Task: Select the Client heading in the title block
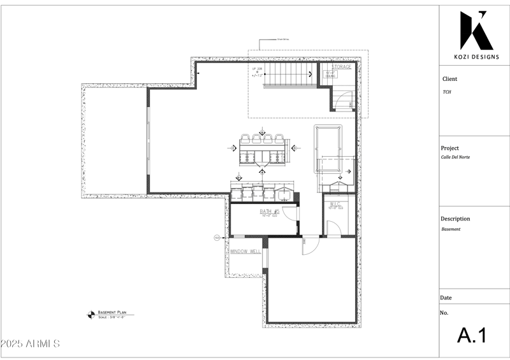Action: tap(449, 79)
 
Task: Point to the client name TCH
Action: tap(447, 92)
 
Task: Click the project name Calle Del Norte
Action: tap(455, 157)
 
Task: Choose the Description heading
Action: tap(455, 219)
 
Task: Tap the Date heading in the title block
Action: tap(446, 298)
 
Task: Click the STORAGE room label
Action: tap(341, 67)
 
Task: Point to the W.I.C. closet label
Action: tap(335, 205)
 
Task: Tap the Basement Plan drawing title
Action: tap(112, 313)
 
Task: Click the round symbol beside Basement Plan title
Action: tap(91, 313)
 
